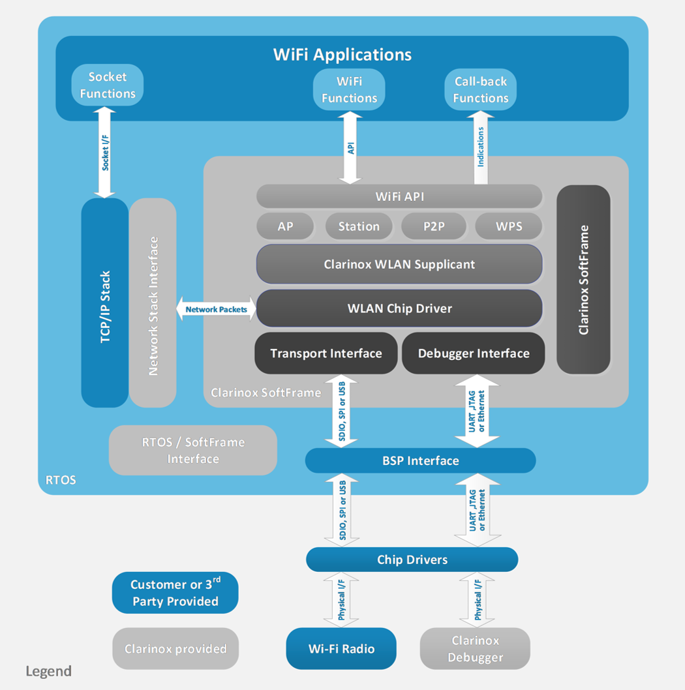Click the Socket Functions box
107,85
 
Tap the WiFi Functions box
349,90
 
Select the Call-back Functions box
481,90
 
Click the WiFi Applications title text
342,54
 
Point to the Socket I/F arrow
104,153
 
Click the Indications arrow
481,147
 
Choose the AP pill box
285,226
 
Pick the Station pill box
359,226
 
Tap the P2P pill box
433,226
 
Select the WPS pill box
509,226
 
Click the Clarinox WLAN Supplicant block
399,264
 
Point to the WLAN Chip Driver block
399,308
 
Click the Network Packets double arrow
216,309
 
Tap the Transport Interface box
326,353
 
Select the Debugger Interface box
473,353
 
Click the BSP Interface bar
420,460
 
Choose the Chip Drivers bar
412,560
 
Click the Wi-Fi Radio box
341,648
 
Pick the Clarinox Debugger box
475,649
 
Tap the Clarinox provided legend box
175,648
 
